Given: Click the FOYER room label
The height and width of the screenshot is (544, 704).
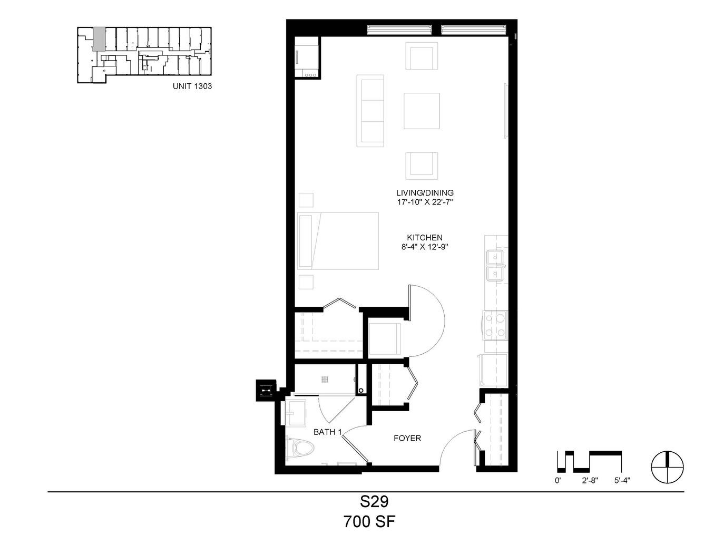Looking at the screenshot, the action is coord(407,438).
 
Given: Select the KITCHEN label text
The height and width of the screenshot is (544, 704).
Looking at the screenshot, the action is coord(425,238).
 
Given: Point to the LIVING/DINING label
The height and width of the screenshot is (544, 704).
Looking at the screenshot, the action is coord(425,193).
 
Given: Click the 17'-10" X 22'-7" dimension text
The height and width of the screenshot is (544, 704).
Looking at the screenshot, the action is coord(425,202).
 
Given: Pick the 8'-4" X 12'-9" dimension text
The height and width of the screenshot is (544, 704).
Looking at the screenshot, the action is coord(425,247).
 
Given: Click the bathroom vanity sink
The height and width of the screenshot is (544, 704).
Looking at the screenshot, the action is coord(296,413).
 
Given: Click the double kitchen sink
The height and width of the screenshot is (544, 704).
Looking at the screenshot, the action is coord(495,265).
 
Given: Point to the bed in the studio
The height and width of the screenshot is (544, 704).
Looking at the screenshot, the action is coord(338,241).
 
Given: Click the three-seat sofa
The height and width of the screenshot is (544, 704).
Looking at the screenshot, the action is coord(370,111).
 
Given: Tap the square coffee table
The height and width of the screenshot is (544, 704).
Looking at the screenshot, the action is coord(422,111).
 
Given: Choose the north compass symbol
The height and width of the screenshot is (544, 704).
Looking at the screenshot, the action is coord(668,467).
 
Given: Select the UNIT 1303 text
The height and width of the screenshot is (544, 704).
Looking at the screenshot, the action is coord(192,86).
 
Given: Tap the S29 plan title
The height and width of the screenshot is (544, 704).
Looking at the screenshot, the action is coord(374,502).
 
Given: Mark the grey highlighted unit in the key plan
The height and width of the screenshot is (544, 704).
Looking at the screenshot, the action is coord(99,39).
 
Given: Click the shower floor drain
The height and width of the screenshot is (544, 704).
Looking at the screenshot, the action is coord(325,380).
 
